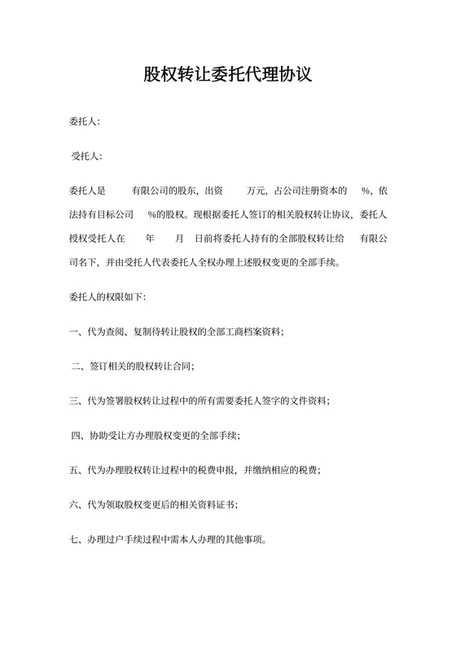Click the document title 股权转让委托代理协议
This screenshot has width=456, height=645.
coord(227,76)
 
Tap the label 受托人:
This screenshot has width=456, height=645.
coord(87,156)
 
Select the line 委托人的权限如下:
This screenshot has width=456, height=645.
coord(107,296)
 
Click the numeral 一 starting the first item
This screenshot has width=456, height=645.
coord(74,331)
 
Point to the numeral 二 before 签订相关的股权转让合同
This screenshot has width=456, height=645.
coord(77,366)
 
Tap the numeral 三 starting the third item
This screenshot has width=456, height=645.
coord(74,401)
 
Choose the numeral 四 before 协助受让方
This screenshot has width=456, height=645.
coord(77,436)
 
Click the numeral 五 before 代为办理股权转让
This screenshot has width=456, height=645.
coord(74,471)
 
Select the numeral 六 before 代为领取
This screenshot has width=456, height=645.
coord(74,505)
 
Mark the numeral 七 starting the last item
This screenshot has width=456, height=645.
coord(74,540)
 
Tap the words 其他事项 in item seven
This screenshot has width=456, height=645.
coord(256,540)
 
